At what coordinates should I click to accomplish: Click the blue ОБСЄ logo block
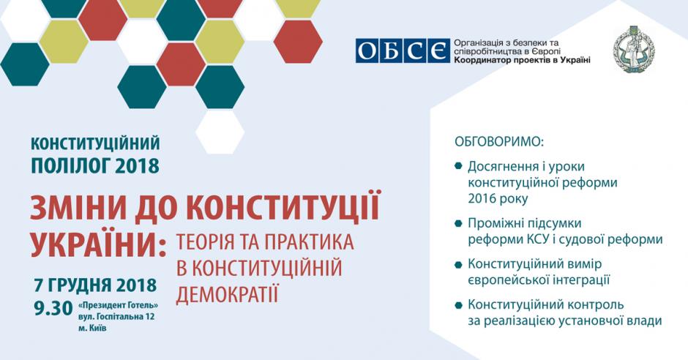(403, 51)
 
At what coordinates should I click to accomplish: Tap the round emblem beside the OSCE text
(635, 50)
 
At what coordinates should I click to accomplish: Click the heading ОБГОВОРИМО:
(499, 142)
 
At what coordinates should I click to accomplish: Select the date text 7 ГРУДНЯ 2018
(95, 285)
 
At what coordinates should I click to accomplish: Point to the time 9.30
(53, 308)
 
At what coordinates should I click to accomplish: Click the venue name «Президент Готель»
(118, 305)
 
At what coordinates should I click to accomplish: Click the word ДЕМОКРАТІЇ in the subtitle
(228, 294)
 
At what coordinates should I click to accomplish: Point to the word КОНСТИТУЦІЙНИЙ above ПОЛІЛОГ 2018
(95, 143)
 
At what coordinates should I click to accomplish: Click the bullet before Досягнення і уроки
(458, 166)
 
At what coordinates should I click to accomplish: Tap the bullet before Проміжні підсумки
(458, 223)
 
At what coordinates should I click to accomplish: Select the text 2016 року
(498, 198)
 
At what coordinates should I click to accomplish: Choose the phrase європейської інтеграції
(539, 280)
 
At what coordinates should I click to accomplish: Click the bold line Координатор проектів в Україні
(522, 60)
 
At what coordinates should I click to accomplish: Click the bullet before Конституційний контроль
(458, 304)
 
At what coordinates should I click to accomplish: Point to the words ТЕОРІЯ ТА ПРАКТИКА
(265, 242)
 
